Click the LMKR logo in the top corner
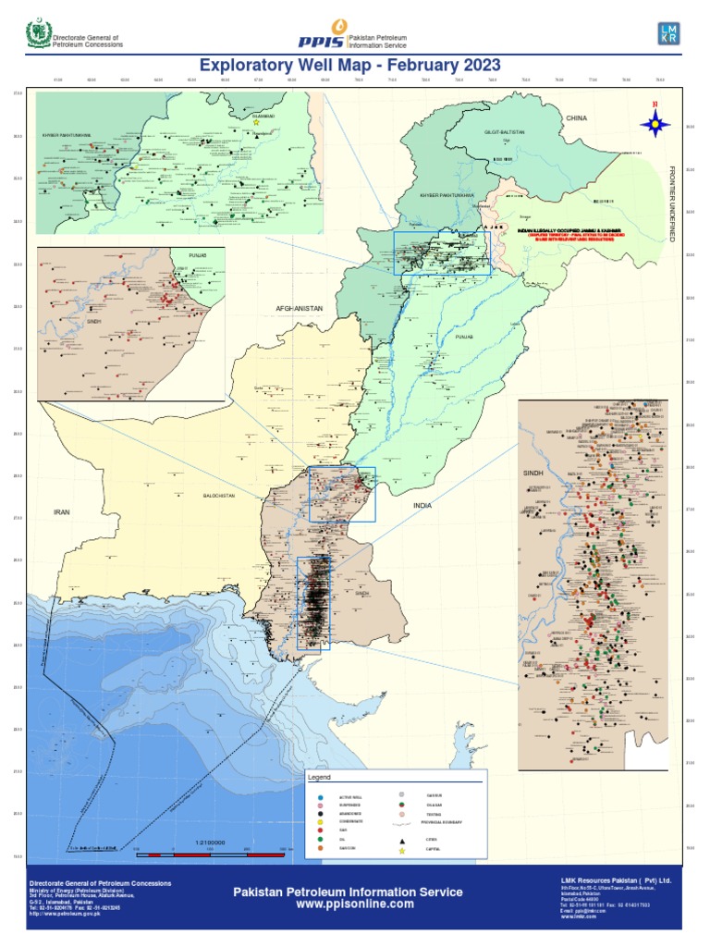tap(668, 33)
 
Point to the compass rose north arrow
tap(657, 120)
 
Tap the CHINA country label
tap(577, 118)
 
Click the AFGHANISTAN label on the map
tap(299, 307)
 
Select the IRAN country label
tap(62, 510)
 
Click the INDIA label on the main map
tap(422, 506)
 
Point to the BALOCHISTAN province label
tap(219, 496)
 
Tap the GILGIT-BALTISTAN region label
tap(505, 132)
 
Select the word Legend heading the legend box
tap(320, 778)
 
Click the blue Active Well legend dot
tap(319, 796)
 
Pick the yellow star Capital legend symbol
tap(402, 849)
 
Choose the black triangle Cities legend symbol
tap(402, 840)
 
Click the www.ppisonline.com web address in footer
tap(348, 904)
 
